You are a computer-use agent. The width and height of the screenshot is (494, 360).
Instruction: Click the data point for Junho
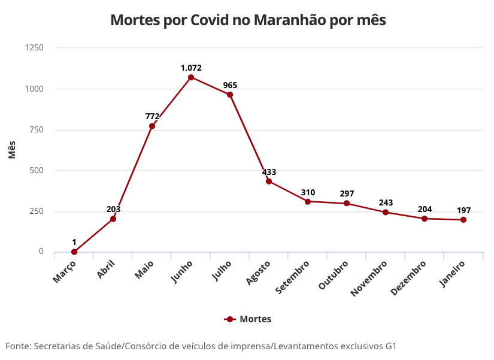pyautogui.click(x=191, y=77)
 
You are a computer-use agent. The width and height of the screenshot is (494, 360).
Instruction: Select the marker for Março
pyautogui.click(x=74, y=252)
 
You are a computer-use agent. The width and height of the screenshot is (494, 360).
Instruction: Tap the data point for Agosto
pyautogui.click(x=269, y=181)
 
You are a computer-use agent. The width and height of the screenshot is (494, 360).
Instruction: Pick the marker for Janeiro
pyautogui.click(x=463, y=220)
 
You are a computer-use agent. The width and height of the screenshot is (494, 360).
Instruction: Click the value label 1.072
pyautogui.click(x=191, y=68)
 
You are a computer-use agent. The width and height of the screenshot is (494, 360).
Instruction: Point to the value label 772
pyautogui.click(x=152, y=116)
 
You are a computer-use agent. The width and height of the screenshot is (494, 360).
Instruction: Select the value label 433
pyautogui.click(x=269, y=172)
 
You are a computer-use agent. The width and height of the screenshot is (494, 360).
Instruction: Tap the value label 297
pyautogui.click(x=347, y=193)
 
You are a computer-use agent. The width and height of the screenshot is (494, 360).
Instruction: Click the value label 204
pyautogui.click(x=425, y=209)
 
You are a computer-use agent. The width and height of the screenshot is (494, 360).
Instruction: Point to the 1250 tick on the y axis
pyautogui.click(x=34, y=47)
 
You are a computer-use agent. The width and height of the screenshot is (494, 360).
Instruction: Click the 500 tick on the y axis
pyautogui.click(x=37, y=170)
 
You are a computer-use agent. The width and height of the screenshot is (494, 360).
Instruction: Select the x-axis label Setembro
pyautogui.click(x=293, y=276)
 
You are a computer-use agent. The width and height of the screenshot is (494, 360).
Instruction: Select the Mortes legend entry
pyautogui.click(x=248, y=319)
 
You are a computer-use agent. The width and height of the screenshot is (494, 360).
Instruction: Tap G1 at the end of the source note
pyautogui.click(x=390, y=346)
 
